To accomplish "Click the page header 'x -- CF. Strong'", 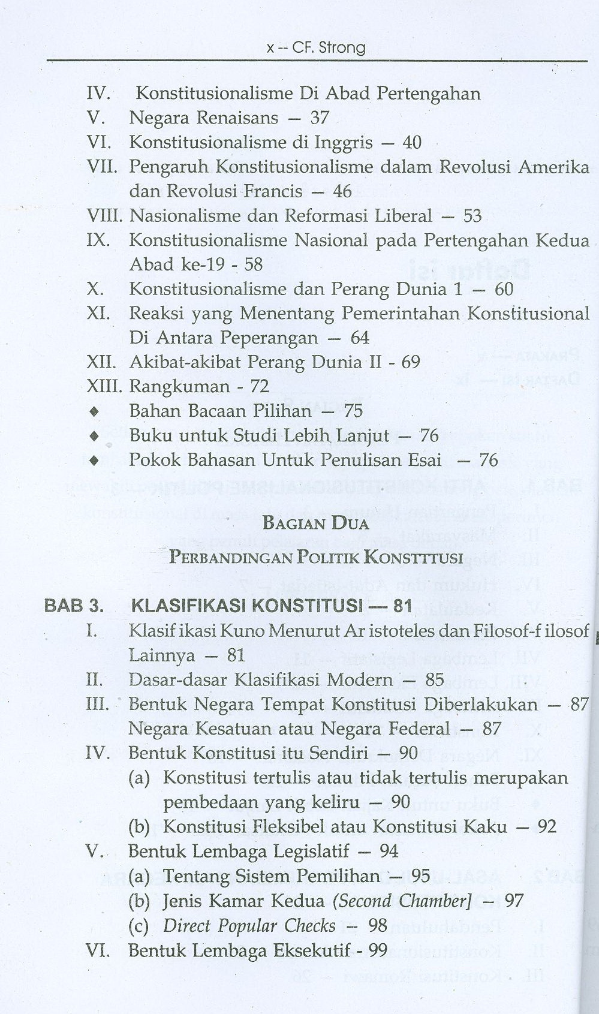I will [315, 47].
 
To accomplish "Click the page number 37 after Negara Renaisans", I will [320, 118].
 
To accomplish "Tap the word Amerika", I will [553, 167].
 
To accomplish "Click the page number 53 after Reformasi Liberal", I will [472, 216].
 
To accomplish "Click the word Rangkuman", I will [179, 387].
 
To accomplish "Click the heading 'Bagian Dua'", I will [315, 523].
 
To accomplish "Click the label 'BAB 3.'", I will [74, 606].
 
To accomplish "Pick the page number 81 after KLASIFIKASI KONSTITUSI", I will [403, 606].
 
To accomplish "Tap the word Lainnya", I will [162, 655].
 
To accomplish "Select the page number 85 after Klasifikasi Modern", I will [435, 680].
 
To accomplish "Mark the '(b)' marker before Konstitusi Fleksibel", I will [139, 828].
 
